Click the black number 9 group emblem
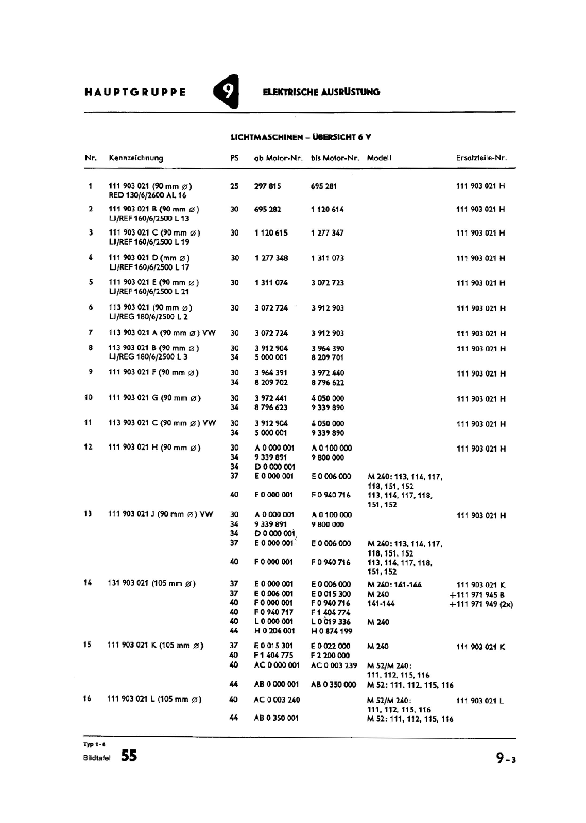coord(227,92)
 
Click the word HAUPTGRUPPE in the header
coord(135,93)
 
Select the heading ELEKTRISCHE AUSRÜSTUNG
coord(321,93)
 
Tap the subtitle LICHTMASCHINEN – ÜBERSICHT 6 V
coord(301,137)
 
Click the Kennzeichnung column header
coord(136,158)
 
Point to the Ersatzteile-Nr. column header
coord(481,158)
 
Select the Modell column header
coord(379,158)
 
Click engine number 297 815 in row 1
coord(268,186)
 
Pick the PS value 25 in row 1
coord(234,186)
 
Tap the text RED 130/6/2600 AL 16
coord(147,195)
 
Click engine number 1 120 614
coord(327,209)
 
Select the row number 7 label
coord(91,333)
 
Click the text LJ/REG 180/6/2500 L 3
coord(148,357)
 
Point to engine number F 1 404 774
coord(330,612)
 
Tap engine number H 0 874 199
coord(331,631)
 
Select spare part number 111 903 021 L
coord(480,701)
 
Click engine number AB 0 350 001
coord(276,718)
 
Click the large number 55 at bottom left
coord(129,756)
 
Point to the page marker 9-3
coord(506,758)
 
